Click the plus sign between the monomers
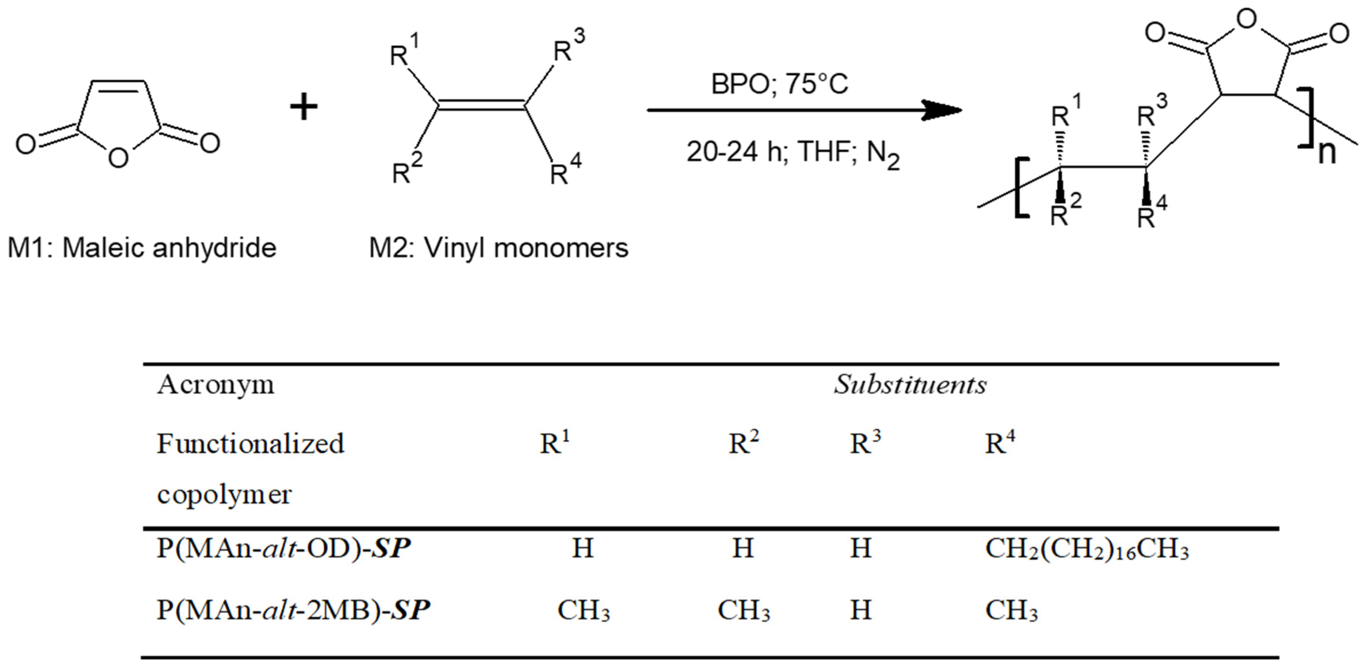tap(304, 108)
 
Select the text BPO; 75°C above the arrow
tap(779, 84)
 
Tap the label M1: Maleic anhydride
tap(142, 248)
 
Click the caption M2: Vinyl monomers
tap(498, 248)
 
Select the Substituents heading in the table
tap(910, 384)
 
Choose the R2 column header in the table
tap(743, 443)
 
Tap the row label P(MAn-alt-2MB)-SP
tap(293, 610)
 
